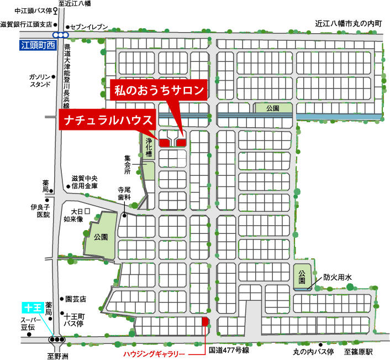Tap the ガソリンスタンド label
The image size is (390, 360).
40,80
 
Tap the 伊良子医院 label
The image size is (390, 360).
40,211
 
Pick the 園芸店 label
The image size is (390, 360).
76,298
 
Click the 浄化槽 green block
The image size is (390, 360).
149,146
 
